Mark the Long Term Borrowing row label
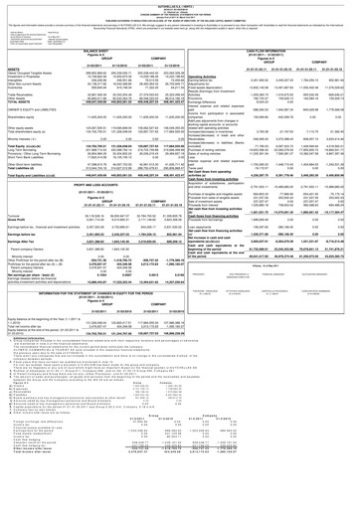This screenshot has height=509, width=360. point(25,185)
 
